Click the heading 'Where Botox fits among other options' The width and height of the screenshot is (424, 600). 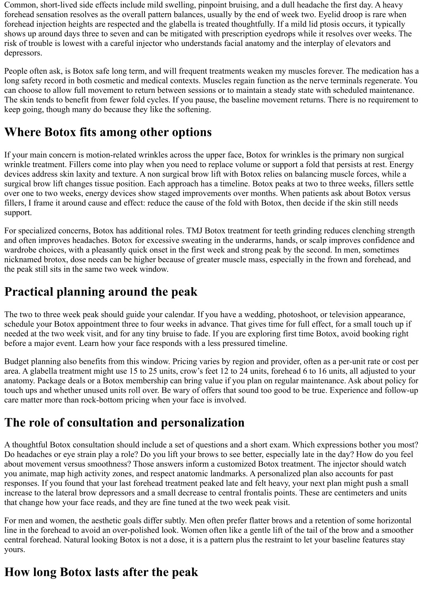coord(108,132)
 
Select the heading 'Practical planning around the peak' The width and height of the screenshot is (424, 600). coord(101,292)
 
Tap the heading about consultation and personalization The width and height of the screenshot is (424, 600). coord(124,423)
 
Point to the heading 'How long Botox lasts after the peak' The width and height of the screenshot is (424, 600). coord(101,572)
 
